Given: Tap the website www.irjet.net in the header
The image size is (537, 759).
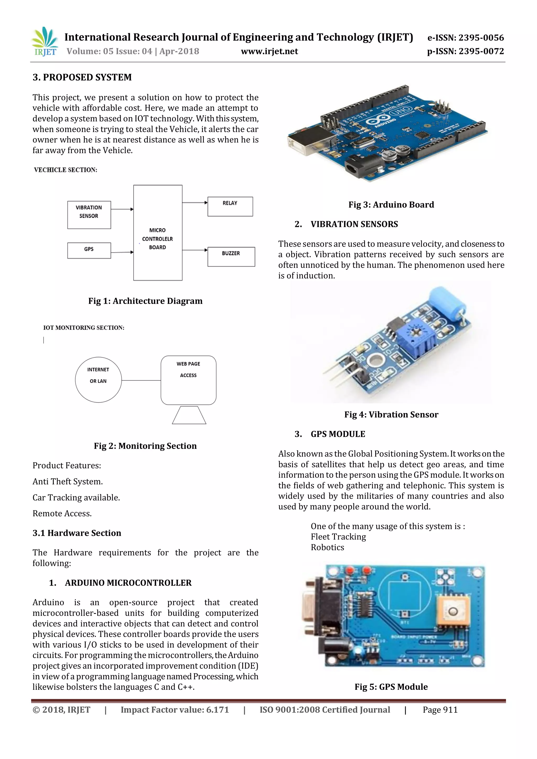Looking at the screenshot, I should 269,51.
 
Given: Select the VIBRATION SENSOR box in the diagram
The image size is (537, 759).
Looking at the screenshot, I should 89,215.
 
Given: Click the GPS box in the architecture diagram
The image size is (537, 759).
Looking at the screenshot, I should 89,250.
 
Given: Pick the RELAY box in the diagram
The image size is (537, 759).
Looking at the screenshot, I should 230,206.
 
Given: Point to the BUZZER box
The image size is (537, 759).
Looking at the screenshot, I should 231,256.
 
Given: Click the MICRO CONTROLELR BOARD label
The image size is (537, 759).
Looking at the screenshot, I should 157,239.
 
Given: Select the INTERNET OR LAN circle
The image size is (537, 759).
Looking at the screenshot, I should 98,379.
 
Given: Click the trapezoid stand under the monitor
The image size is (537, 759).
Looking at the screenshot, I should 189,415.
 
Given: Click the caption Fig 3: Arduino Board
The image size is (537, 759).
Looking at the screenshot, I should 391,205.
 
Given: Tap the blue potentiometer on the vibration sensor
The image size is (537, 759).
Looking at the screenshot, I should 416,339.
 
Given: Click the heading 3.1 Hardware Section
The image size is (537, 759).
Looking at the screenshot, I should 77,533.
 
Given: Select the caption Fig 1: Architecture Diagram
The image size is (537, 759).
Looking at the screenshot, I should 145,301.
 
